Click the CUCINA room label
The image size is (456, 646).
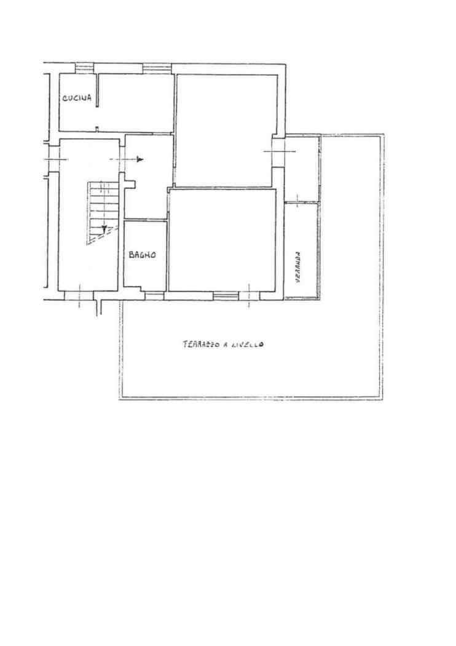point(77,98)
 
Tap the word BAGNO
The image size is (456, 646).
point(143,255)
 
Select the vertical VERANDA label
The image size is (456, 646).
point(298,267)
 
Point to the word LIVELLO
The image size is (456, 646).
point(247,345)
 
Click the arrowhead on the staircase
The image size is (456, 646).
point(104,228)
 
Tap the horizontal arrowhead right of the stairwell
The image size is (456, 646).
point(140,159)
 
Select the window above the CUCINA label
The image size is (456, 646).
point(84,68)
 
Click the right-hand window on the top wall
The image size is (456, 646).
point(157,68)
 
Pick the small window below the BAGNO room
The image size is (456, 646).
point(154,296)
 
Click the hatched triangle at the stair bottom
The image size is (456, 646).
point(101,236)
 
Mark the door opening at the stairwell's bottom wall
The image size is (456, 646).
point(79,295)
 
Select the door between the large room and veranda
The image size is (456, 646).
point(278,151)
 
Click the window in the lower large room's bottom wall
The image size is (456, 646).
point(226,295)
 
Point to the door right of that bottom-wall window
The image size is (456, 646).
point(250,295)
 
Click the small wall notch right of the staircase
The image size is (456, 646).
point(130,181)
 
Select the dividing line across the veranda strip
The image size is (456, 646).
point(302,202)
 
